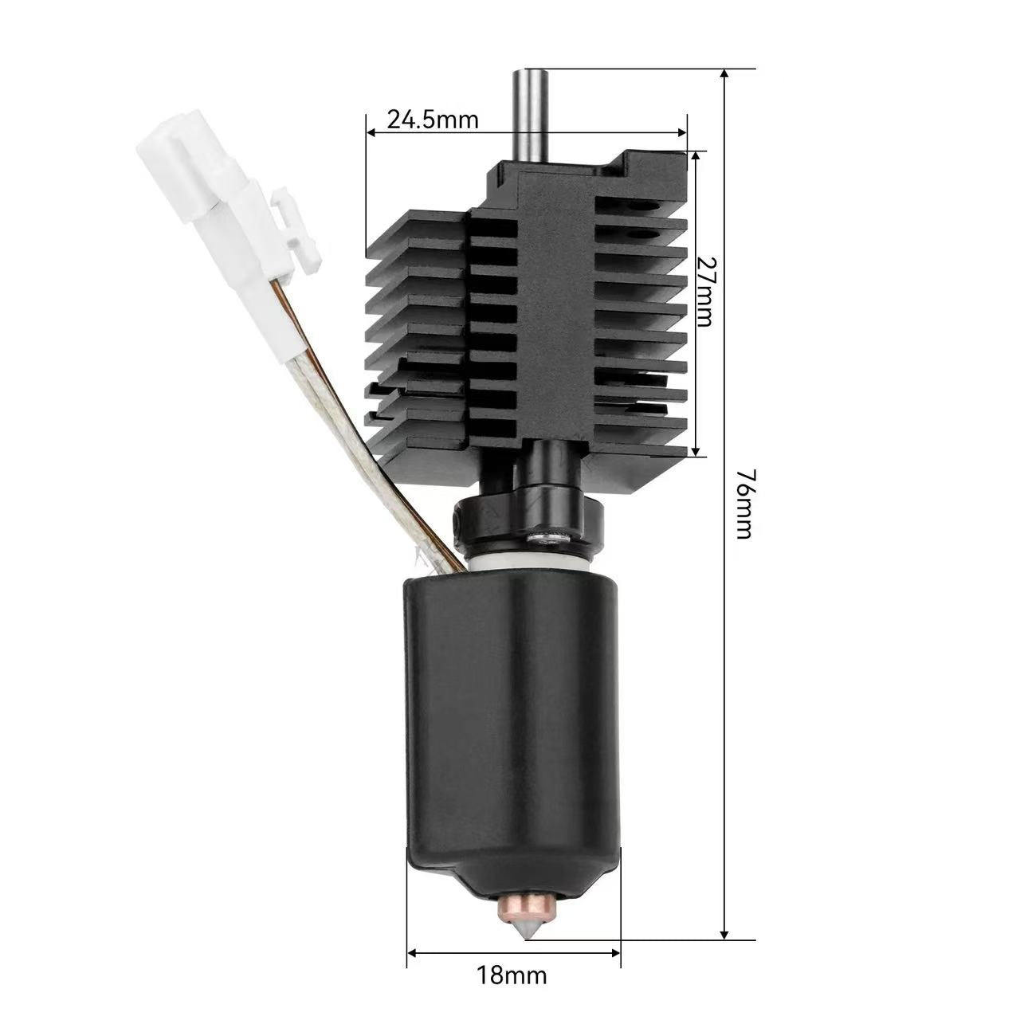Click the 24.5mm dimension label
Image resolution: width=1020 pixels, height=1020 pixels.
click(433, 120)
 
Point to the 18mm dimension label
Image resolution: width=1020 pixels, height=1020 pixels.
click(512, 974)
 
